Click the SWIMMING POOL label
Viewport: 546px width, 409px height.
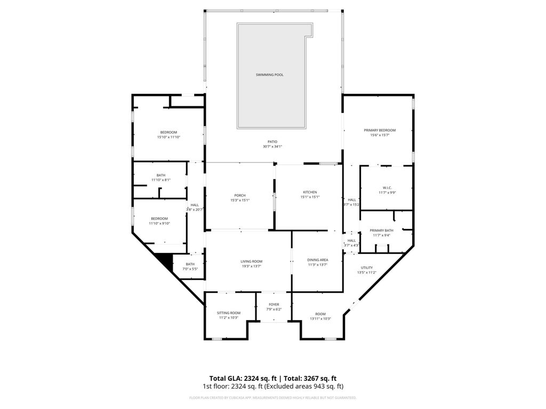pyautogui.click(x=269, y=75)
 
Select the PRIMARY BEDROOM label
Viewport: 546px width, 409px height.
pyautogui.click(x=380, y=130)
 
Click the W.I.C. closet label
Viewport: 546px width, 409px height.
pyautogui.click(x=387, y=187)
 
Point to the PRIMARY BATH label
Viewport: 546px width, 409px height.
pyautogui.click(x=381, y=230)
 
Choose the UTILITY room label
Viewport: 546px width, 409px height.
pyautogui.click(x=366, y=267)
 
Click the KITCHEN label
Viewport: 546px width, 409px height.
pyautogui.click(x=310, y=192)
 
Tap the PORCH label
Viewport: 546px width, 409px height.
pyautogui.click(x=239, y=195)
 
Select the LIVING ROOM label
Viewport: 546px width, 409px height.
pyautogui.click(x=251, y=261)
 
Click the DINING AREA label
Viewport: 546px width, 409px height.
pyautogui.click(x=317, y=260)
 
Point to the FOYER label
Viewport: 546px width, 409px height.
pyautogui.click(x=274, y=305)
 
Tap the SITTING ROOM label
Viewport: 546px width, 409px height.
pyautogui.click(x=228, y=313)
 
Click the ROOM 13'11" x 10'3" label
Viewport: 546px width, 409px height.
pyautogui.click(x=320, y=314)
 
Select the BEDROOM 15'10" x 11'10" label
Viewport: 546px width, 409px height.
pyautogui.click(x=168, y=132)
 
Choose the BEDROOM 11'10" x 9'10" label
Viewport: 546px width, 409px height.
pyautogui.click(x=159, y=218)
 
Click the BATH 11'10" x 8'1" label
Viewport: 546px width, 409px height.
pyautogui.click(x=160, y=175)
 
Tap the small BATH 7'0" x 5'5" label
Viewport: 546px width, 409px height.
pyautogui.click(x=190, y=264)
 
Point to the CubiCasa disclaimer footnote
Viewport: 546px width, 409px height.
pyautogui.click(x=272, y=398)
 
